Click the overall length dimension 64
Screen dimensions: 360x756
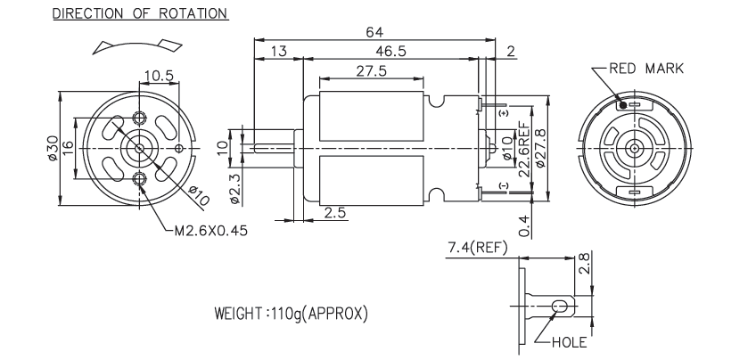[x=374, y=32]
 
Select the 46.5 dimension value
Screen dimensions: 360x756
[x=390, y=53]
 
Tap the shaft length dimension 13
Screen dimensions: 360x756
[x=278, y=53]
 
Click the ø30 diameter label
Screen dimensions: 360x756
[x=53, y=147]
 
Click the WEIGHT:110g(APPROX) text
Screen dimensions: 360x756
[x=291, y=315]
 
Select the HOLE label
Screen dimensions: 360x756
[x=569, y=341]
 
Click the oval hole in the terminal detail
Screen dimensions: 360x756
[x=561, y=307]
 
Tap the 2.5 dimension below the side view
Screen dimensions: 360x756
[x=335, y=213]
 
